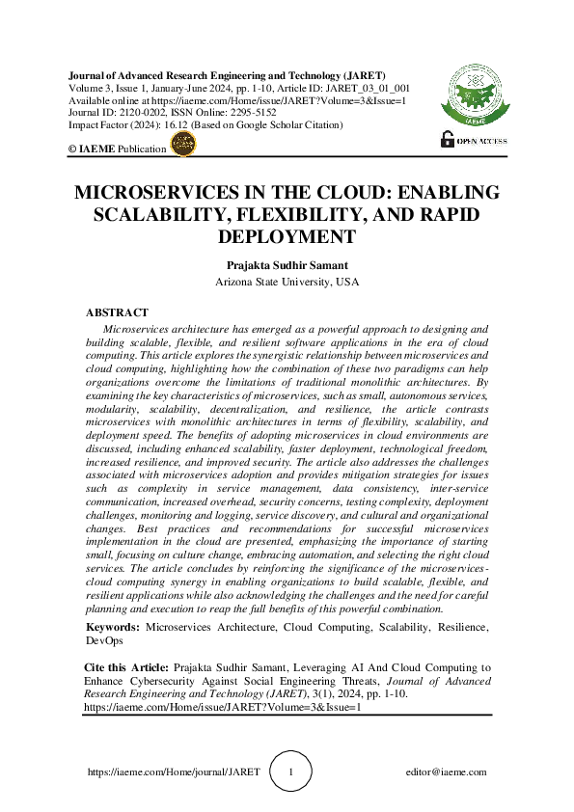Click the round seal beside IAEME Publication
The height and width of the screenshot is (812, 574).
tap(182, 145)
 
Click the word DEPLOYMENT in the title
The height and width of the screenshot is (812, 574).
tap(287, 235)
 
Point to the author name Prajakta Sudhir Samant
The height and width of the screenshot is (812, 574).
tap(287, 264)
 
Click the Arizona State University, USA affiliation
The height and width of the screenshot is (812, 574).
tap(287, 282)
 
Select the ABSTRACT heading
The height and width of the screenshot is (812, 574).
tap(117, 312)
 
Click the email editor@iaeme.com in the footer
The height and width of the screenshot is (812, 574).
tap(448, 772)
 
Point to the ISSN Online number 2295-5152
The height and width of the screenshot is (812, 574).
tap(254, 112)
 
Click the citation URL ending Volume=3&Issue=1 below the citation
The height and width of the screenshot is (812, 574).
tap(222, 706)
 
